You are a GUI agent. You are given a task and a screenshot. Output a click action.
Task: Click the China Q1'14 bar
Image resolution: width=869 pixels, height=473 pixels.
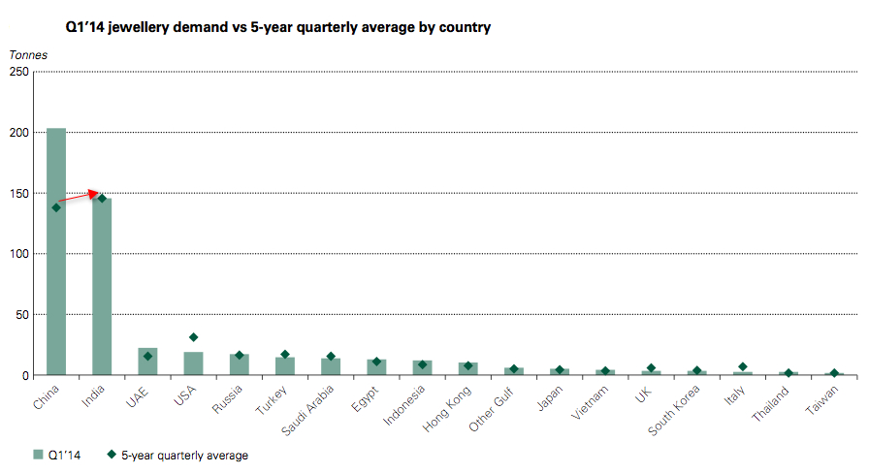(56, 252)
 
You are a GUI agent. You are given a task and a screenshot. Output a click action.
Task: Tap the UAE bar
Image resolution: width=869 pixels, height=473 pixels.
(147, 362)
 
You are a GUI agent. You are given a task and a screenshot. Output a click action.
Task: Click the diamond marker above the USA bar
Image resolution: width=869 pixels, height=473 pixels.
(193, 337)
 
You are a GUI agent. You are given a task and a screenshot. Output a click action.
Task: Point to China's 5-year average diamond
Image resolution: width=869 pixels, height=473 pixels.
(56, 207)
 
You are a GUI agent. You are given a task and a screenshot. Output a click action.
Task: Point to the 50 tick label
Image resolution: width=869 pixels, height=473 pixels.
(22, 314)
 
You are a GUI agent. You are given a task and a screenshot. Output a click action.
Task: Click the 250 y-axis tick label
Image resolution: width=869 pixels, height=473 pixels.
(19, 71)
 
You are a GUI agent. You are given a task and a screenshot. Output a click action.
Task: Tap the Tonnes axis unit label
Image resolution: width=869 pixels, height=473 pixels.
(28, 54)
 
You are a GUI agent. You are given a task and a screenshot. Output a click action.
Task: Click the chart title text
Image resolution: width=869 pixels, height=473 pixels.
(277, 27)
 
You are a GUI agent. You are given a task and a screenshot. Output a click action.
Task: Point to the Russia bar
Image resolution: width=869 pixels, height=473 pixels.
(239, 364)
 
